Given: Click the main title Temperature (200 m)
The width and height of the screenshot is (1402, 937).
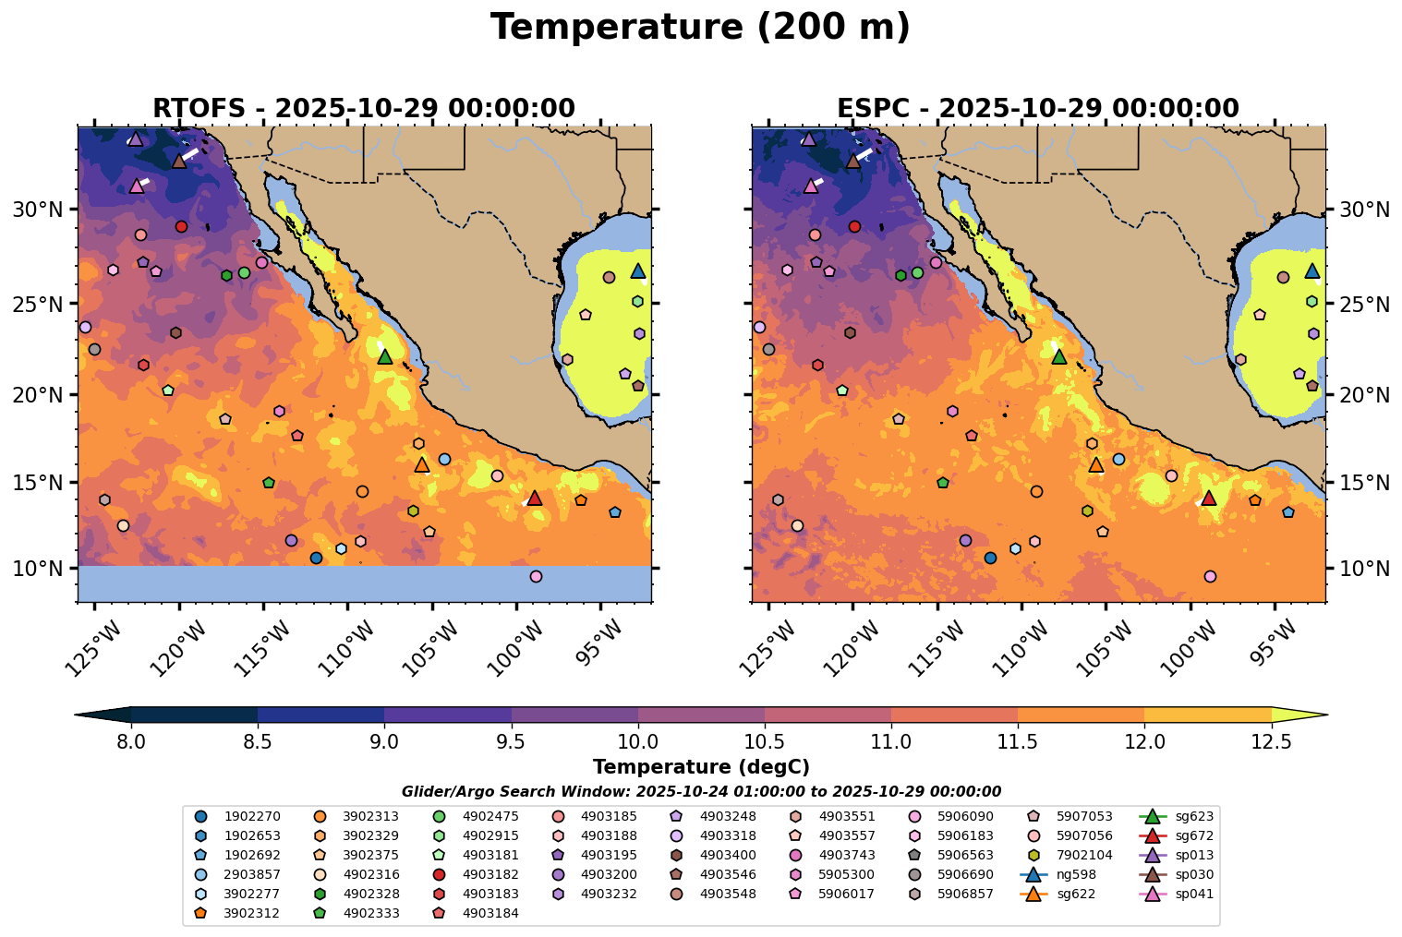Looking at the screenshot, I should pos(700,28).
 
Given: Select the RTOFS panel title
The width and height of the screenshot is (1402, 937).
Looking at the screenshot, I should pos(363,108).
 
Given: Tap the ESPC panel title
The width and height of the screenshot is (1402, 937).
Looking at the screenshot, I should pos(1037,108).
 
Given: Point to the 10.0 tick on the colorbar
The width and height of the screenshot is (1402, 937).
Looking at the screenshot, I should pos(637,741).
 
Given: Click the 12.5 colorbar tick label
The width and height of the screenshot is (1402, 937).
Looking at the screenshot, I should pos(1271,741).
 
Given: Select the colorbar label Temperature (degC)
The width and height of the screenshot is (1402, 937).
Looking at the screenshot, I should pos(700,767).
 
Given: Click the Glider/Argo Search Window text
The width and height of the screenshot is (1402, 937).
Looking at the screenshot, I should pos(700,791).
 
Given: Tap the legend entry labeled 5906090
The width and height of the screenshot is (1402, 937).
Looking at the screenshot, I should pos(950,816).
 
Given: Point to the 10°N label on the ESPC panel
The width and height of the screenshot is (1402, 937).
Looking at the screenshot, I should pos(1365,568).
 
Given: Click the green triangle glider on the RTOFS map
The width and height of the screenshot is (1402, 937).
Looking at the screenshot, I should pos(385,356).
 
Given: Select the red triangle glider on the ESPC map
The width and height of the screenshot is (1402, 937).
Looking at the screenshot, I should pos(1208,498).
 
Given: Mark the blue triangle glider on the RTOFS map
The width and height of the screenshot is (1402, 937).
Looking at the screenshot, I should pos(638,270).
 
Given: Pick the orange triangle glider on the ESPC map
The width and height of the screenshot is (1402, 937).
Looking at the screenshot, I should pos(1096,464).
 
